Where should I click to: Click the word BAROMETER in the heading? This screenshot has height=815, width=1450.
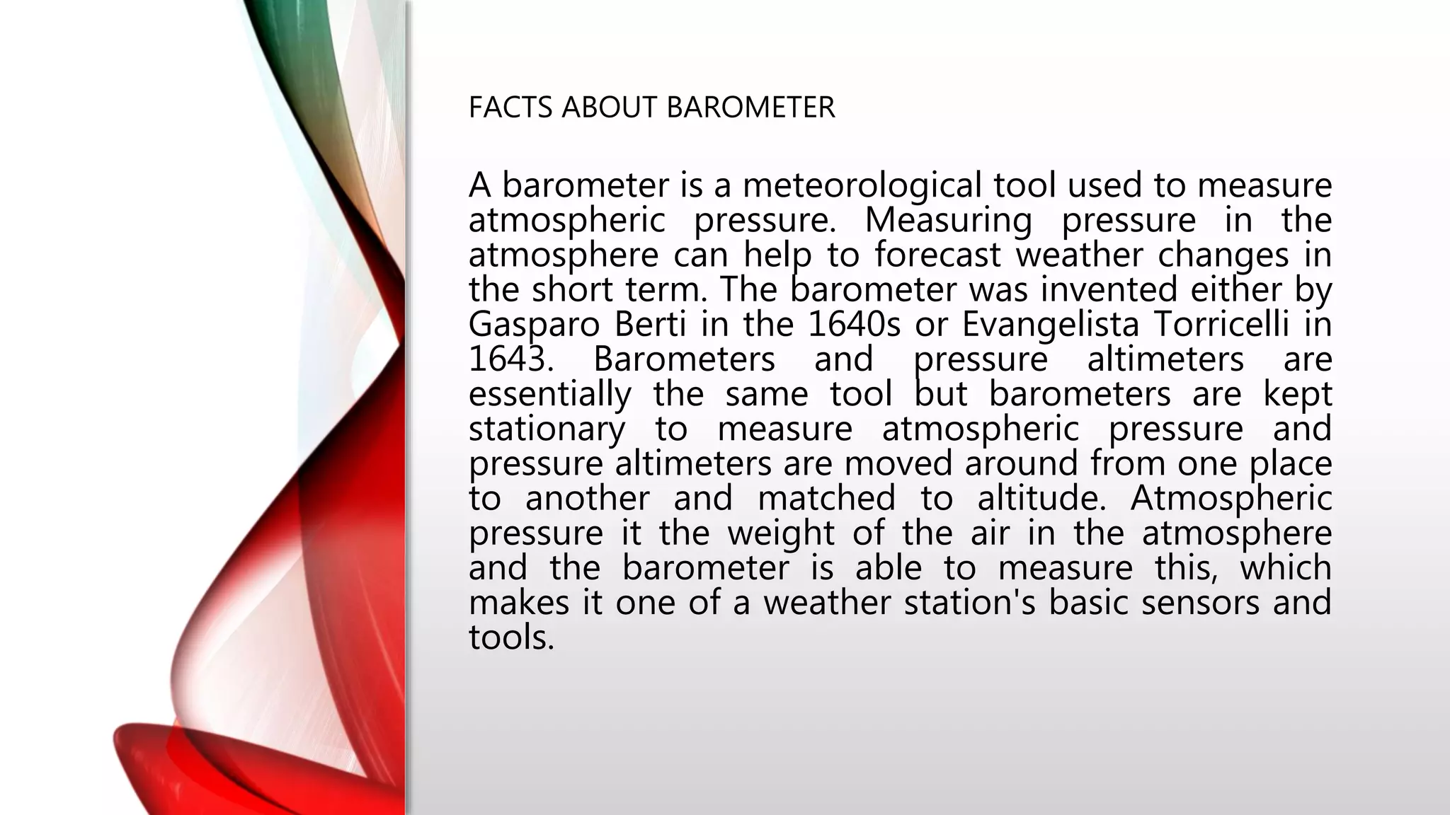(x=750, y=108)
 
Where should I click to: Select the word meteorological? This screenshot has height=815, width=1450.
(x=862, y=186)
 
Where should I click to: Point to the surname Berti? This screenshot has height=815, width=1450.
(x=650, y=325)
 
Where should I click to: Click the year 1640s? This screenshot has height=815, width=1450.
(x=853, y=325)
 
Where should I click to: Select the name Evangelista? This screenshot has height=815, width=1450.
(x=1050, y=325)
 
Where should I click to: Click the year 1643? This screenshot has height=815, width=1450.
(x=510, y=360)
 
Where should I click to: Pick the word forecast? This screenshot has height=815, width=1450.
(x=937, y=255)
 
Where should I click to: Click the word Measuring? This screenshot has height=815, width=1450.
(x=948, y=221)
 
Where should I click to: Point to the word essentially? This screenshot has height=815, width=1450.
(x=549, y=395)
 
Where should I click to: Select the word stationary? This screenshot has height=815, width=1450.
(x=547, y=429)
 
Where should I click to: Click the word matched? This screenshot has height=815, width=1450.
(x=826, y=499)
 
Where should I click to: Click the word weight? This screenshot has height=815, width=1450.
(x=781, y=533)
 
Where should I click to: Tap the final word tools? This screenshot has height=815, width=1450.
(x=511, y=637)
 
